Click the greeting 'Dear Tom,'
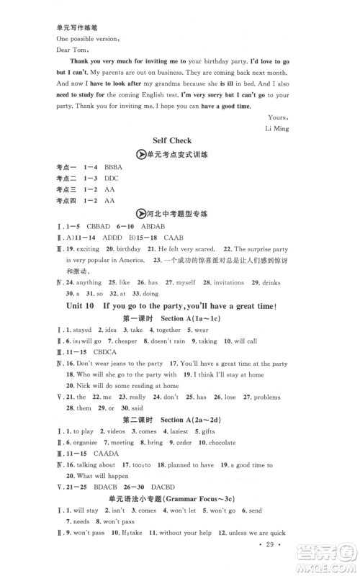tap(71, 50)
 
